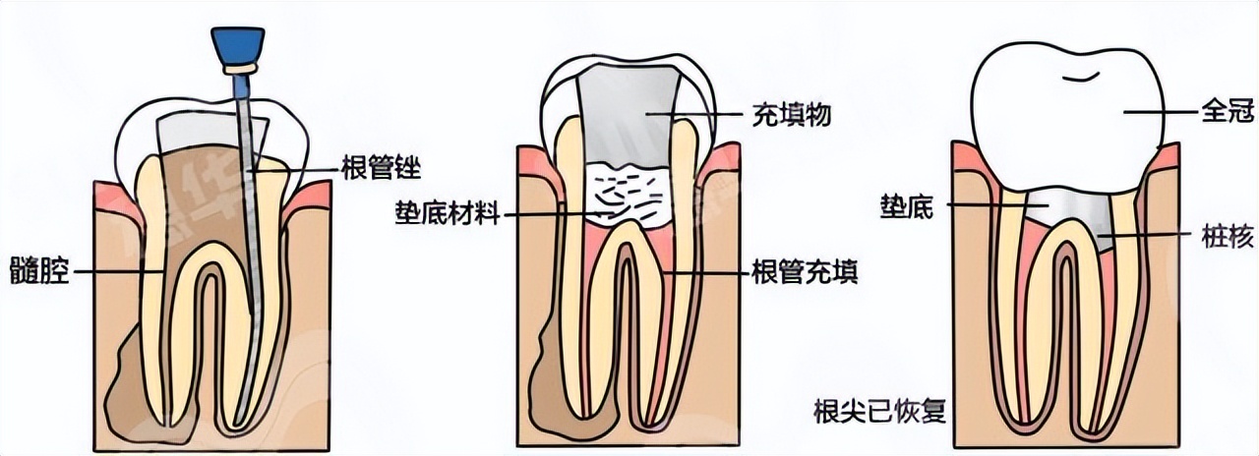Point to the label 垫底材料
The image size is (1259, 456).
coord(447,212)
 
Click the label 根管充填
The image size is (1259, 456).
coord(804,271)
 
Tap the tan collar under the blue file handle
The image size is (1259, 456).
coord(239,69)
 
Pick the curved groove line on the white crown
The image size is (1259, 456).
coord(1078,74)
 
